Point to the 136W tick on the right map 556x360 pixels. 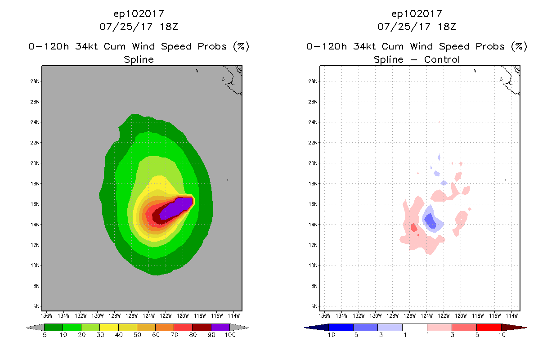click(x=325, y=315)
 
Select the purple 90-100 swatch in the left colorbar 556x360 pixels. click(x=220, y=327)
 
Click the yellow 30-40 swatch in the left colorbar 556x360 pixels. click(x=109, y=327)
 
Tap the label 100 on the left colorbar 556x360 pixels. click(x=230, y=335)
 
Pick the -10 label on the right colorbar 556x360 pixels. click(x=328, y=335)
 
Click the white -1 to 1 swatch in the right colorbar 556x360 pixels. click(x=414, y=327)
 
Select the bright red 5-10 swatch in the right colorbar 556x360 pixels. click(x=489, y=327)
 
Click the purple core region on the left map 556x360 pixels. click(x=178, y=207)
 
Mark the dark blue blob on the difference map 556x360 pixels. click(x=430, y=220)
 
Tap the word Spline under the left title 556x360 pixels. click(x=139, y=59)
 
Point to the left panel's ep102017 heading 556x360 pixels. click(x=139, y=14)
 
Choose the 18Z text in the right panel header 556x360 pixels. click(x=447, y=27)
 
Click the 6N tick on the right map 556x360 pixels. click(x=314, y=306)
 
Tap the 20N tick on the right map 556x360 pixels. click(x=314, y=163)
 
